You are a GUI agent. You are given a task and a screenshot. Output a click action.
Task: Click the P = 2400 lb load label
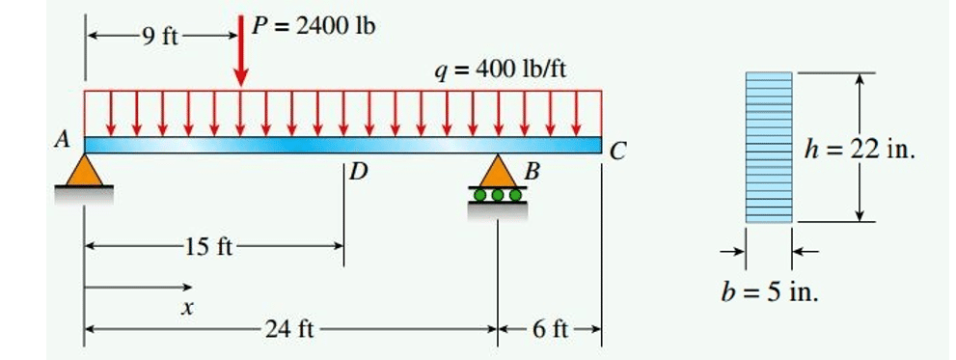tap(314, 27)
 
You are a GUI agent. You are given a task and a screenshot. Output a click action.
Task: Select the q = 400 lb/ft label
tap(500, 70)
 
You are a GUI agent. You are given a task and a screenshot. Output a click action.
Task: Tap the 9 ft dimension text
tap(160, 38)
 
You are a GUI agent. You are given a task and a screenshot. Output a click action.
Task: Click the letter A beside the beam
tap(62, 141)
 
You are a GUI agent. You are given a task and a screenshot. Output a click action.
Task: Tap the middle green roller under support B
tap(498, 195)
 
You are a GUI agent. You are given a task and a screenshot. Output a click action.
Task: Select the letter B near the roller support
tap(533, 173)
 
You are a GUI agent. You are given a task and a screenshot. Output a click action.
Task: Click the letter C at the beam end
tap(617, 152)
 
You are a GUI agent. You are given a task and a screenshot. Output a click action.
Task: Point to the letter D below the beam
tap(360, 174)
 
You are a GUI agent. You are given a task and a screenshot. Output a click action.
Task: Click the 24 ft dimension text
tap(289, 330)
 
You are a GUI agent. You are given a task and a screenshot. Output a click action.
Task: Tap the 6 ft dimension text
tap(550, 330)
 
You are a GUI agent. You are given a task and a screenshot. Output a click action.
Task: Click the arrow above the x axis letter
tap(138, 287)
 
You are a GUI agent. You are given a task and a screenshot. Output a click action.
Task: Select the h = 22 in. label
tap(860, 150)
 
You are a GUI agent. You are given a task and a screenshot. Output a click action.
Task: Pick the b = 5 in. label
tap(770, 292)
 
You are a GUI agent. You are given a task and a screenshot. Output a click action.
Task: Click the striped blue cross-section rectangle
tap(769, 147)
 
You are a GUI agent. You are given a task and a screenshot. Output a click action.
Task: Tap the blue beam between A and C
tap(342, 145)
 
